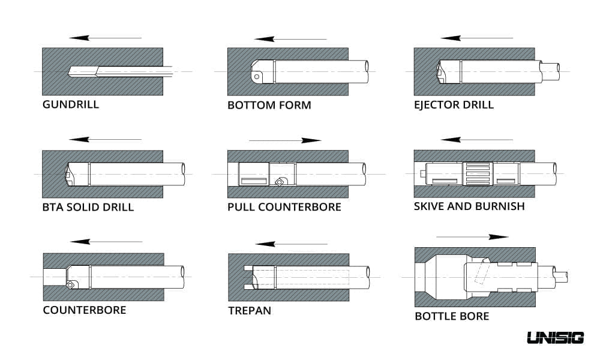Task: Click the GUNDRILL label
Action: pyautogui.click(x=70, y=104)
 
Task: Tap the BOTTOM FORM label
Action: pyautogui.click(x=269, y=106)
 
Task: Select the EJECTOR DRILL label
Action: pyautogui.click(x=454, y=105)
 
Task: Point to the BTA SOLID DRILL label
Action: pyautogui.click(x=88, y=208)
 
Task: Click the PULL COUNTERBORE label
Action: pyautogui.click(x=284, y=207)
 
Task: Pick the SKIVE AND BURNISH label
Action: pyautogui.click(x=469, y=206)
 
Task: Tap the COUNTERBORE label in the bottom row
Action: pyautogui.click(x=84, y=310)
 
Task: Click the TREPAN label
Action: pyautogui.click(x=250, y=311)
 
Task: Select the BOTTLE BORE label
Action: pyautogui.click(x=452, y=316)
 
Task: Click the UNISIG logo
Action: pyautogui.click(x=555, y=338)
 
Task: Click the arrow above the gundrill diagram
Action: pyautogui.click(x=105, y=38)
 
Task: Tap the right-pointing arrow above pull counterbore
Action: pyautogui.click(x=285, y=140)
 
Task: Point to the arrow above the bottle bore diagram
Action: pyautogui.click(x=472, y=236)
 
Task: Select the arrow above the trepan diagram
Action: pyautogui.click(x=292, y=244)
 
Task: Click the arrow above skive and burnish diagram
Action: pyautogui.click(x=477, y=140)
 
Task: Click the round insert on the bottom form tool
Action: pyautogui.click(x=257, y=77)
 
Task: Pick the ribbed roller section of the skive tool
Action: pyautogui.click(x=477, y=174)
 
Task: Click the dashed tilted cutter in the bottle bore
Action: pyautogui.click(x=480, y=274)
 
